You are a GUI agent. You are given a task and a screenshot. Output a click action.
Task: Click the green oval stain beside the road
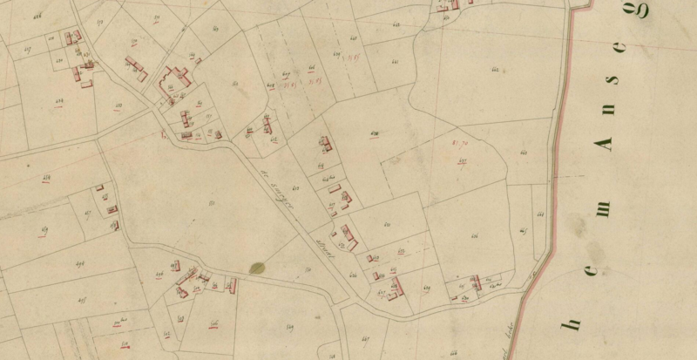tap(257, 268)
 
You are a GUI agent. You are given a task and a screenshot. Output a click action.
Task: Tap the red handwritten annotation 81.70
tap(461, 141)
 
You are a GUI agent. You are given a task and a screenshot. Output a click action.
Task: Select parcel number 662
tap(497, 69)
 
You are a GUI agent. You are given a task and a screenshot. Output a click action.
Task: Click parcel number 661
tap(524, 153)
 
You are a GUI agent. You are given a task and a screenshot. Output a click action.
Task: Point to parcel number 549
tap(290, 327)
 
